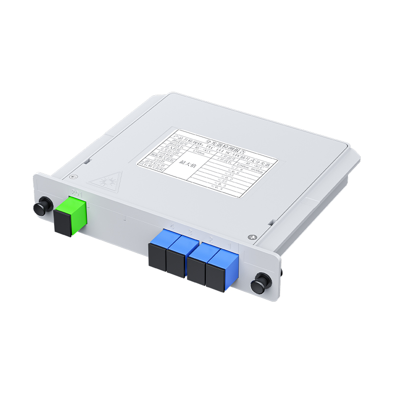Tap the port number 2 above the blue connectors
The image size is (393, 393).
[x=190, y=231]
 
